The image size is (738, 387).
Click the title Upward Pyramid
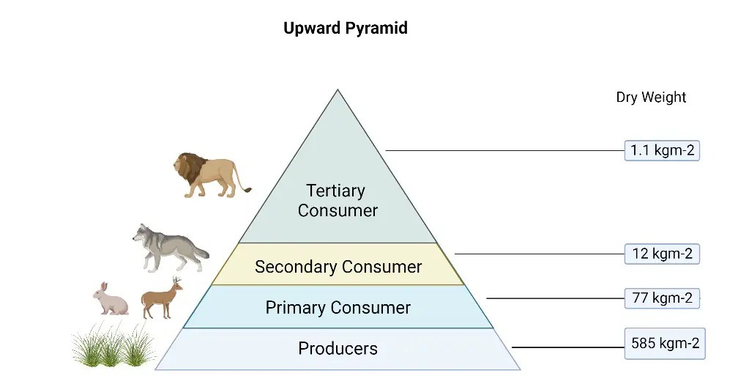(x=345, y=29)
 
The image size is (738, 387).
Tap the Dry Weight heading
(x=651, y=97)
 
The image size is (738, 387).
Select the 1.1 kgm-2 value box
(x=662, y=151)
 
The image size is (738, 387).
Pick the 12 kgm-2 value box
(x=662, y=254)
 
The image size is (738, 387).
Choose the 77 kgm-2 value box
(x=662, y=298)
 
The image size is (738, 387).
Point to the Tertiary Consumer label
(x=338, y=200)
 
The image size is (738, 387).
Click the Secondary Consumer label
(x=338, y=267)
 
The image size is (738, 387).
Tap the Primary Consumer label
(x=338, y=307)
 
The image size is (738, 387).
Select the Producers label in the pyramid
(x=338, y=348)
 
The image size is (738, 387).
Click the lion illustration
(x=209, y=175)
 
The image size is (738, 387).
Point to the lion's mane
(x=190, y=169)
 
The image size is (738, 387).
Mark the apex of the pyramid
(x=338, y=91)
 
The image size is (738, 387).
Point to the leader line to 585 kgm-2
(x=567, y=347)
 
